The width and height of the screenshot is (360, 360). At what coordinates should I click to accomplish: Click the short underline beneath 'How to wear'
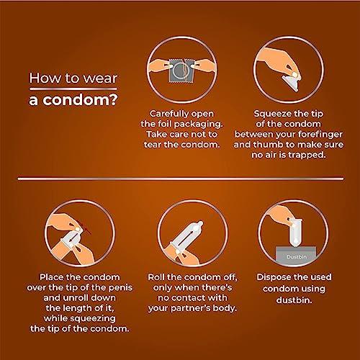pyautogui.click(x=73, y=89)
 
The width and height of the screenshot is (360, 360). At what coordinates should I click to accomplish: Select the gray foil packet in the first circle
pyautogui.click(x=181, y=70)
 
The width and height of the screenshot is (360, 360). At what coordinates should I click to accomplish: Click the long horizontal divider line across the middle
pyautogui.click(x=181, y=179)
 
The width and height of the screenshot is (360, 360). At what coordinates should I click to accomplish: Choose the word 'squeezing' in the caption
pyautogui.click(x=93, y=319)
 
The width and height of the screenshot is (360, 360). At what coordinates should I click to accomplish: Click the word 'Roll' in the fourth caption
pyautogui.click(x=156, y=277)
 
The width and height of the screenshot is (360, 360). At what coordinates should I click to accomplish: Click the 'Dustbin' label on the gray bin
pyautogui.click(x=297, y=257)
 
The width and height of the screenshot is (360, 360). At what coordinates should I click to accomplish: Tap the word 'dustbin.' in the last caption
pyautogui.click(x=294, y=300)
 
